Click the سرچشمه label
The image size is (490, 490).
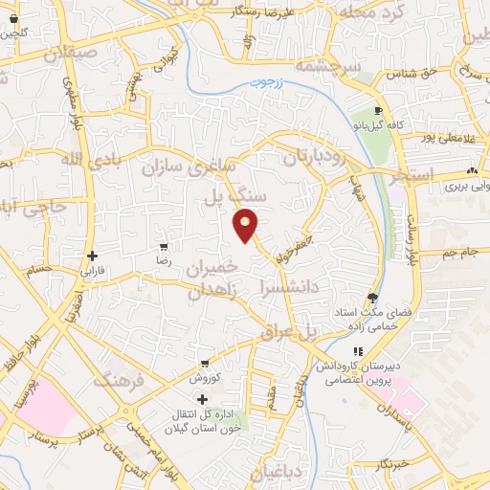[x=326, y=66]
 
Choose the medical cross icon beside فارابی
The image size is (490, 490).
[x=92, y=256]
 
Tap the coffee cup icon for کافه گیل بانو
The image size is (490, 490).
[x=379, y=110]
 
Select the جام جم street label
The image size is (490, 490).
[x=462, y=253]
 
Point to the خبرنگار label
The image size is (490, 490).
[x=393, y=463]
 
